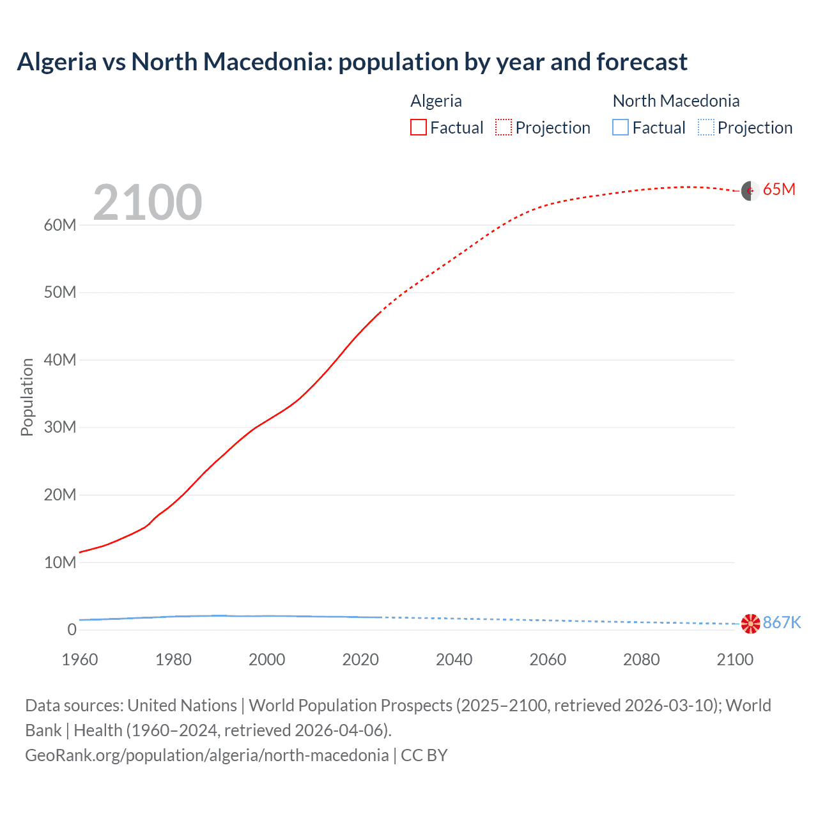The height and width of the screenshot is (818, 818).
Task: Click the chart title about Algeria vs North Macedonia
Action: [x=352, y=62]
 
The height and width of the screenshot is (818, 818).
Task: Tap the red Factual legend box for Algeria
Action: [x=419, y=127]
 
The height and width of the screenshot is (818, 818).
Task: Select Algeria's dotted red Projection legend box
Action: [x=504, y=127]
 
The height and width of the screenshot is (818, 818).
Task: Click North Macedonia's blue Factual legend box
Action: [x=621, y=127]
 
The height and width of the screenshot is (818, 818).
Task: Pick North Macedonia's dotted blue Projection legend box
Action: [x=706, y=127]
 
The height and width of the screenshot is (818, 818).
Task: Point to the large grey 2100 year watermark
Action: [x=148, y=203]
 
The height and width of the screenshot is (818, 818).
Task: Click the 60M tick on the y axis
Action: [x=60, y=225]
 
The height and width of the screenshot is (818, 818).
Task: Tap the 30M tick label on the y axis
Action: [x=60, y=427]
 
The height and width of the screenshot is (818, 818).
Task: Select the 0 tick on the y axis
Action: [x=72, y=629]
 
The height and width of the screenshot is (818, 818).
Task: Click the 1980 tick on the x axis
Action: [x=173, y=660]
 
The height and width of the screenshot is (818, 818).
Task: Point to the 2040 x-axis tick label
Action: [x=454, y=660]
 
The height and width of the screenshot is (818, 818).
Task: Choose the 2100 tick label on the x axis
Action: [x=735, y=660]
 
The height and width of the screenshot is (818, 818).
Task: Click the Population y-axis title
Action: [x=27, y=397]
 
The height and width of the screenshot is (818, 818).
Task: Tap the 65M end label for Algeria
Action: [x=779, y=189]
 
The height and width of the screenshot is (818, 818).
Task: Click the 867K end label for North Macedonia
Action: [x=782, y=622]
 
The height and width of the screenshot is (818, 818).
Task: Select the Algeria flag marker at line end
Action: [x=750, y=190]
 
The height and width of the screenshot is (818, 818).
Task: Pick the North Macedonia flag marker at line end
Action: [x=750, y=624]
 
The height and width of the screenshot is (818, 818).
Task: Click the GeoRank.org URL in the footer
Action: [x=206, y=755]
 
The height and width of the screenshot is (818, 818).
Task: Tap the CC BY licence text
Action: [x=424, y=755]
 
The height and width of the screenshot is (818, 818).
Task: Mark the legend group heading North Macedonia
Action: [x=675, y=101]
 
